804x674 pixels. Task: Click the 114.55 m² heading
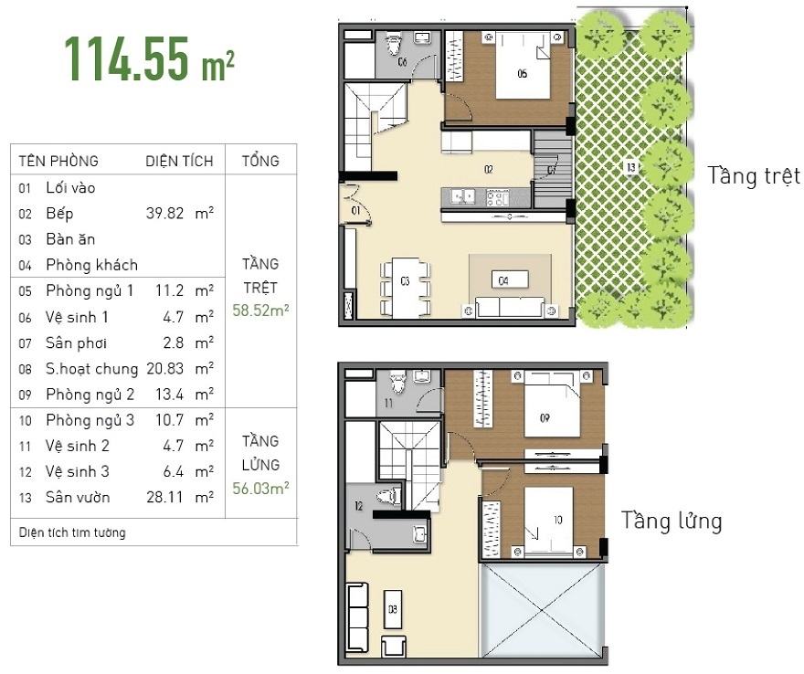tap(149, 59)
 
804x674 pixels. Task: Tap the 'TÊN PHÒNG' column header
tap(58, 161)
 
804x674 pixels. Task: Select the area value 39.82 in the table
tap(164, 213)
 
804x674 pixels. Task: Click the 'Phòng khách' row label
tap(91, 265)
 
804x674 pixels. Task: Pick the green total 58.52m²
tap(260, 311)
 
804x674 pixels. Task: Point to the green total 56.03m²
tap(260, 488)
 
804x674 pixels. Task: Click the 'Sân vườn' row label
tap(78, 497)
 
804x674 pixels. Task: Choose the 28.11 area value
tap(164, 497)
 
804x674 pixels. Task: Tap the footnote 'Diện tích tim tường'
tap(72, 532)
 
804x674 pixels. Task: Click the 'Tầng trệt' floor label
tap(753, 175)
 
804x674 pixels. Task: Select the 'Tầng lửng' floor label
tap(672, 521)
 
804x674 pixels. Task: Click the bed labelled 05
tap(523, 66)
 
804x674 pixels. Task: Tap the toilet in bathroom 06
tap(394, 44)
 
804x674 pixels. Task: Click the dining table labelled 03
tap(405, 288)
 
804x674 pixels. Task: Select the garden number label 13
tap(630, 166)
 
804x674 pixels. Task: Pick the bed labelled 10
tap(549, 521)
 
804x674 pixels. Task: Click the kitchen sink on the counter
tap(462, 196)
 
